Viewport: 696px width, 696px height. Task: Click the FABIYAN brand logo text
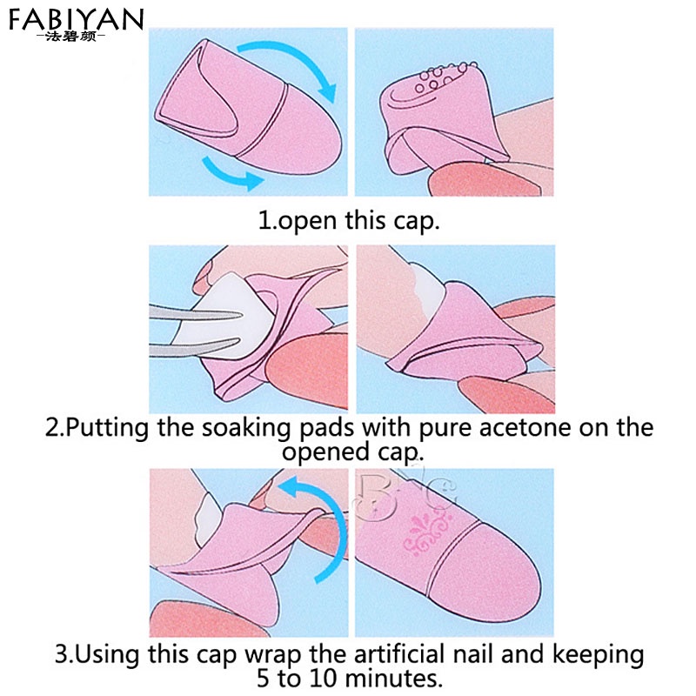[x=77, y=19]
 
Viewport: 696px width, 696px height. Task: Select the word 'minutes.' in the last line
[x=396, y=676]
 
